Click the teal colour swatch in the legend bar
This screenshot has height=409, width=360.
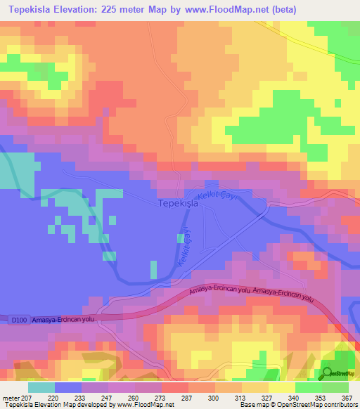(41, 387)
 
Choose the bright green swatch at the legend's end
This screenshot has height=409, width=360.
(335, 387)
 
